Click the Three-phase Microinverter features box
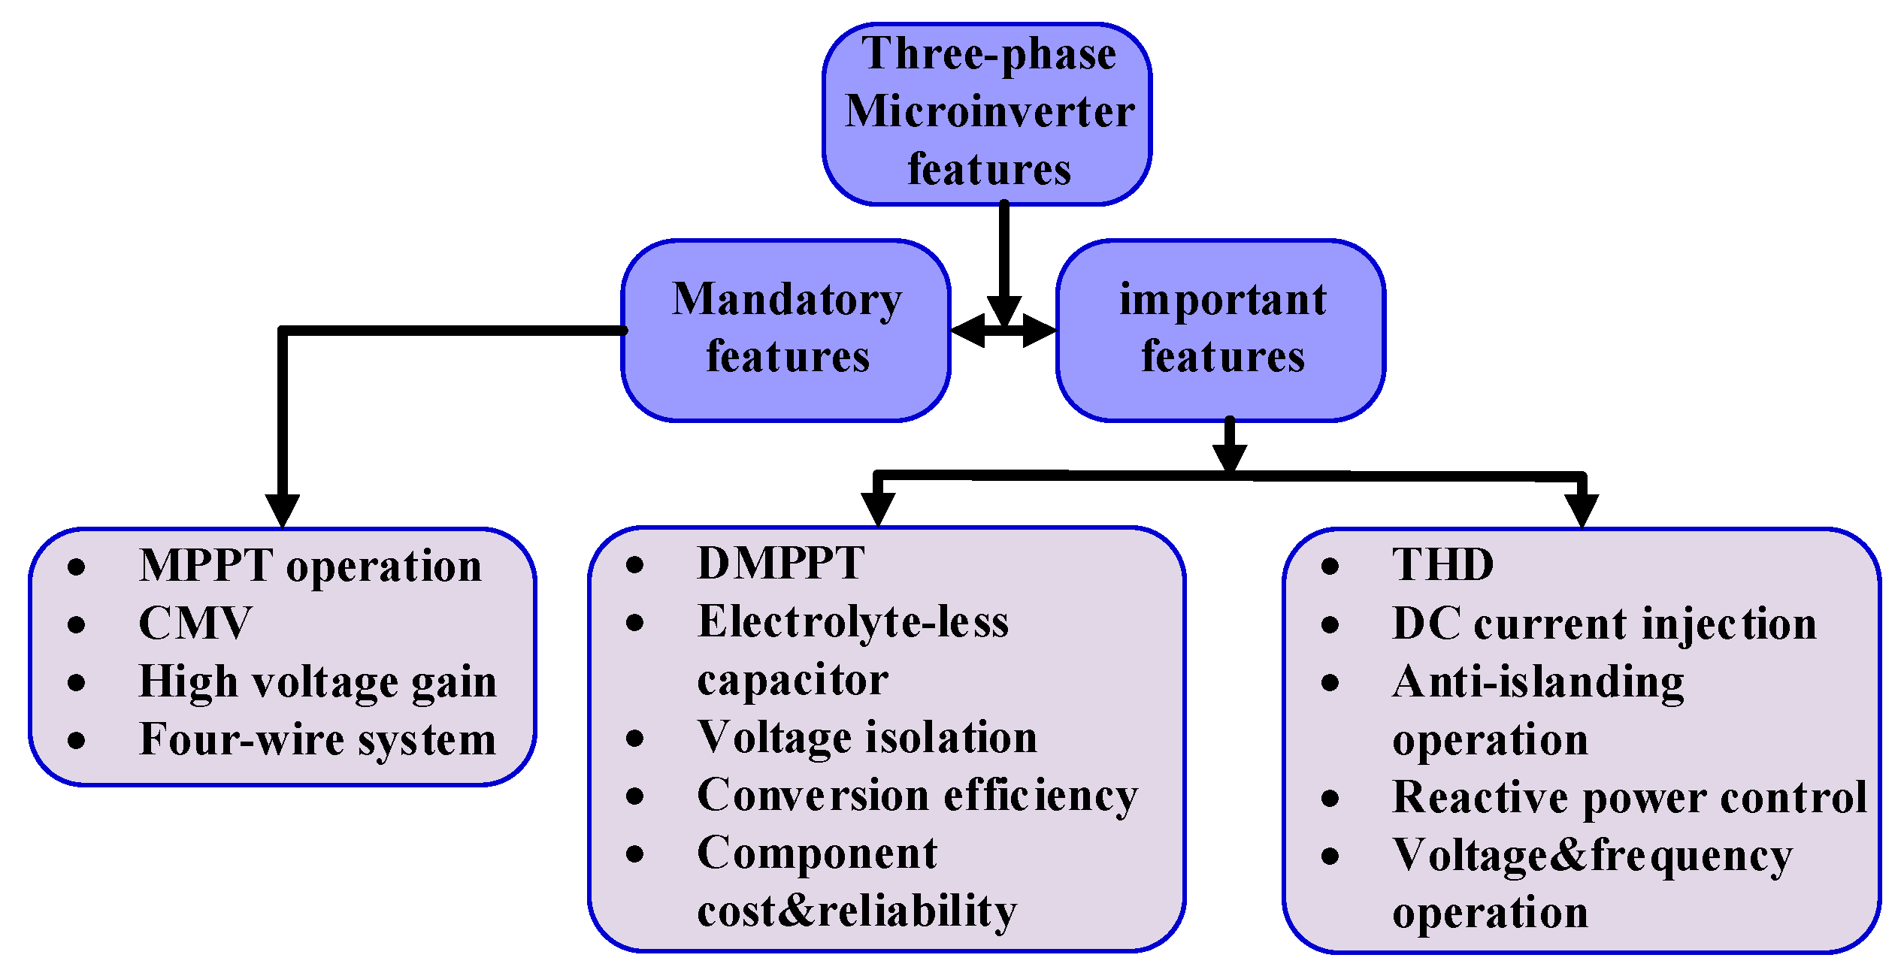(x=987, y=113)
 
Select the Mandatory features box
(x=786, y=329)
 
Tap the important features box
(x=1221, y=329)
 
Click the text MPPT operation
(x=310, y=566)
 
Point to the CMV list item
(x=194, y=624)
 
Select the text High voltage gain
(x=317, y=682)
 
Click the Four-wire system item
(x=317, y=740)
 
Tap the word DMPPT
(x=780, y=564)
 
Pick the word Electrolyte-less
(x=852, y=622)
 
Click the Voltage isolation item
(x=867, y=738)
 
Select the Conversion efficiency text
(x=917, y=796)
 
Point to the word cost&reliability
(x=857, y=911)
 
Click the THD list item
(x=1442, y=565)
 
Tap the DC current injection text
(x=1603, y=624)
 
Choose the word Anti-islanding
(x=1537, y=682)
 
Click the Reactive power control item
(x=1629, y=798)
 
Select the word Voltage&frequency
(x=1591, y=856)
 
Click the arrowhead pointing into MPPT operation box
(x=283, y=511)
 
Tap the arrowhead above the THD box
(x=1582, y=511)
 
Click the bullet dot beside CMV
(x=76, y=624)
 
